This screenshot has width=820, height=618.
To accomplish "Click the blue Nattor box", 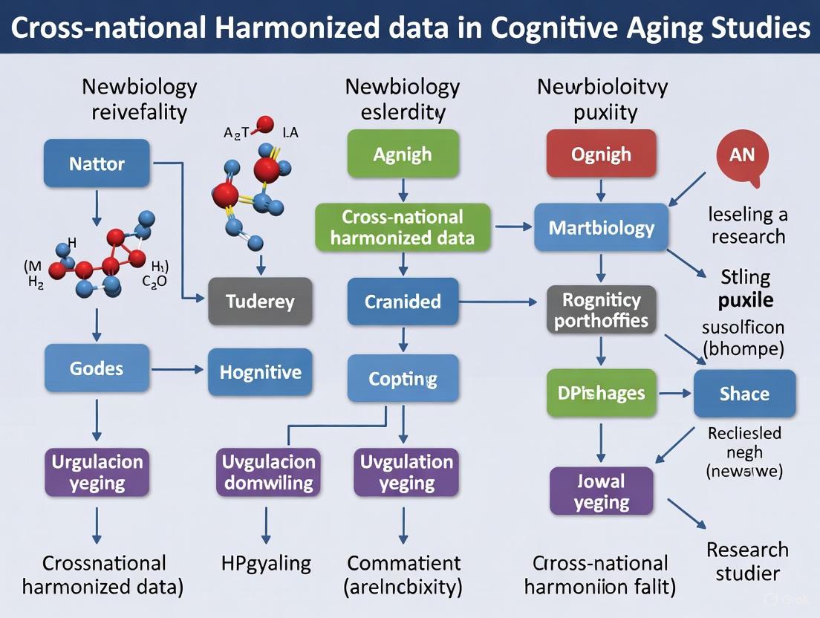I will [x=97, y=163].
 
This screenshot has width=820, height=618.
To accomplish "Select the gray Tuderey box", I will [x=261, y=302].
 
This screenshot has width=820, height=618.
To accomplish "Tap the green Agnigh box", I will [x=403, y=154].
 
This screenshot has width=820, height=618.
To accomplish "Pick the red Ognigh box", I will [x=602, y=154].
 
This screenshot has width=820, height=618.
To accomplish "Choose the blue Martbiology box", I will [x=602, y=227].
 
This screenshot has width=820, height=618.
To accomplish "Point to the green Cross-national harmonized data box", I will [x=403, y=227].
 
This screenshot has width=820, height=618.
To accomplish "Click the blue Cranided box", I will [x=403, y=302].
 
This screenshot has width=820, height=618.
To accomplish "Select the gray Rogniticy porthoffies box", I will [x=602, y=310].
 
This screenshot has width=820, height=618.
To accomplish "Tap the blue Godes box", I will [x=97, y=368].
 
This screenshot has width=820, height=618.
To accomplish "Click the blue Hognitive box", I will [x=261, y=371].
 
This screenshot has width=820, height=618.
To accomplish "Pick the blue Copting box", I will [x=403, y=379].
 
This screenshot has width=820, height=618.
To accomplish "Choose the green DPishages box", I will [x=602, y=393].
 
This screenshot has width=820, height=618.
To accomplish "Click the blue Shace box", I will [x=744, y=394].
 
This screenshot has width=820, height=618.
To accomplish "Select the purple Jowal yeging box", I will [x=602, y=492].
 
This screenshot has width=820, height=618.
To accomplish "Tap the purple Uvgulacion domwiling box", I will [x=269, y=472].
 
